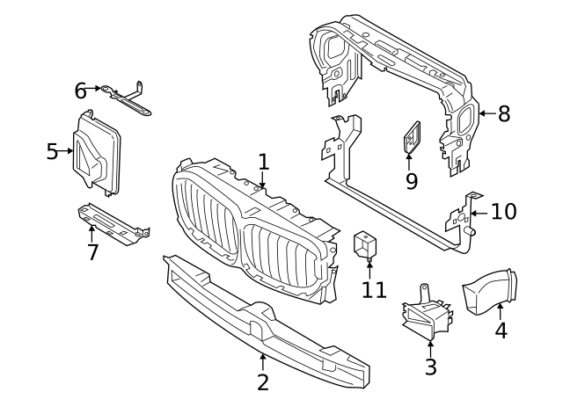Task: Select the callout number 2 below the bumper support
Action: click(263, 381)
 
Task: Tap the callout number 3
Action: click(430, 367)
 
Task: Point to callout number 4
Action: click(501, 330)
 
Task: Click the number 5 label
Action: click(52, 152)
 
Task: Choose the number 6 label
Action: click(80, 90)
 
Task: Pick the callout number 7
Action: click(92, 253)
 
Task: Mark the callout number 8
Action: click(503, 113)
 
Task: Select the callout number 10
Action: click(504, 212)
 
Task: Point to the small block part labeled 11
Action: click(366, 244)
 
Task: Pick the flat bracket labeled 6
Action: click(128, 98)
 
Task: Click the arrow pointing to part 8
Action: click(486, 113)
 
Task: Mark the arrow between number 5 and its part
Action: click(67, 152)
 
